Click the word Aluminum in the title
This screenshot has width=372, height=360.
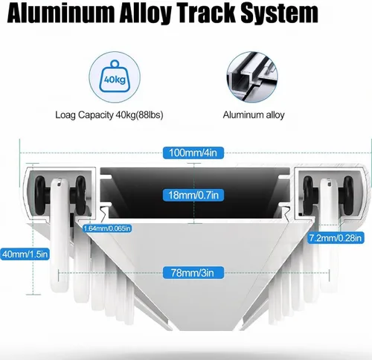(x=61, y=13)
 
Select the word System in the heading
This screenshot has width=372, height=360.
(x=280, y=14)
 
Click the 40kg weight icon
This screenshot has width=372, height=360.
(x=115, y=77)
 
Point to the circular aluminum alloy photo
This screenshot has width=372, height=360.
(x=252, y=77)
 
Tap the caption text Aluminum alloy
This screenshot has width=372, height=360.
(x=254, y=115)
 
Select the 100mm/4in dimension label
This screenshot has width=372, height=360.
(x=193, y=152)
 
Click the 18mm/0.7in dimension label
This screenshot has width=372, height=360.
(x=193, y=195)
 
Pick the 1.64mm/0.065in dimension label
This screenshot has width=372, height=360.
(x=107, y=228)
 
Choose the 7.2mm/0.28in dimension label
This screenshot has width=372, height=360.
(x=336, y=238)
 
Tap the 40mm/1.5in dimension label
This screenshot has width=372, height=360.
(x=25, y=254)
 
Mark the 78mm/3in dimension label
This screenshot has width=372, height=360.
(x=193, y=273)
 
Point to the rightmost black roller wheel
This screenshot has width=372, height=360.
(x=348, y=195)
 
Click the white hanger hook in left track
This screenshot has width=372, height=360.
(x=60, y=236)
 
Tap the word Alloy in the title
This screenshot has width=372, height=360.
(x=145, y=14)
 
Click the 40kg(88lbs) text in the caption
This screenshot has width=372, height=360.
(x=139, y=115)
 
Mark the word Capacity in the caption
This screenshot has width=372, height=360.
(x=95, y=115)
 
